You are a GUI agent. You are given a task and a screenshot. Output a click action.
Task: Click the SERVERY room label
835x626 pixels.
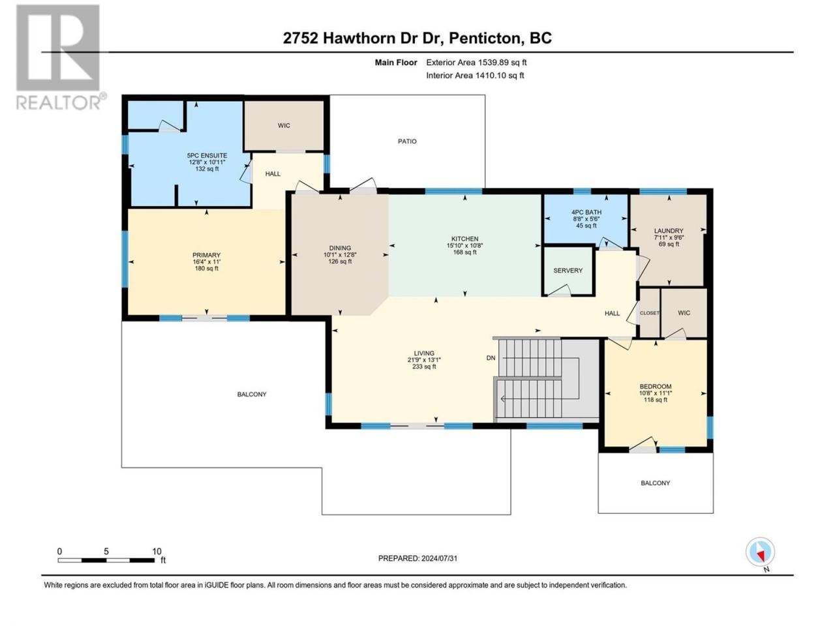coord(568,271)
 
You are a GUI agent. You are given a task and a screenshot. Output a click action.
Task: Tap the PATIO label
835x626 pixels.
coord(407,142)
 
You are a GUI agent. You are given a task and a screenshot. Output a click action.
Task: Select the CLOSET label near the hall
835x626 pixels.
coord(649,313)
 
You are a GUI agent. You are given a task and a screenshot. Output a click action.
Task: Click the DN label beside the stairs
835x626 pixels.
coord(491,358)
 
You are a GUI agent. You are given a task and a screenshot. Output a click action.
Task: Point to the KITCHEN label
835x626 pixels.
coord(464,239)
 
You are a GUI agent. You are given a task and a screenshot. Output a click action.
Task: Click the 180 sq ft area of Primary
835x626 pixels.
coord(206,269)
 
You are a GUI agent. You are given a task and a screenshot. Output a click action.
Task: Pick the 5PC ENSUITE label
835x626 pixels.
coord(207,155)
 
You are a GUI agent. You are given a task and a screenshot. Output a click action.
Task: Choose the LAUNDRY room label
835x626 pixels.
coord(669,231)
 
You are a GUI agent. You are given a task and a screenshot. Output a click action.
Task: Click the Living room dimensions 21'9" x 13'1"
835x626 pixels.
coord(424,360)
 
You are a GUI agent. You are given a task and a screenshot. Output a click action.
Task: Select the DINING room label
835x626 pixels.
coord(340,248)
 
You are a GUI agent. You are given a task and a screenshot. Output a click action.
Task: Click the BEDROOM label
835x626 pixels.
coord(655,387)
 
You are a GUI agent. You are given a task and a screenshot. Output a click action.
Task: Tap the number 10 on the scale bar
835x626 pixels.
coord(157,551)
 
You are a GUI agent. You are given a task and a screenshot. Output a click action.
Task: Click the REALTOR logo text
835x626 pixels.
coord(59,102)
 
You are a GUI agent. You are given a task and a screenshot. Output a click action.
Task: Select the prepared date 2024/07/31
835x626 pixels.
coord(440,558)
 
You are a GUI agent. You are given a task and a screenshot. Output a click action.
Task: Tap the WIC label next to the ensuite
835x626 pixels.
coord(284,126)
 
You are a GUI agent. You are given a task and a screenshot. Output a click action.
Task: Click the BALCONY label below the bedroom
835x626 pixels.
coord(655,483)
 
